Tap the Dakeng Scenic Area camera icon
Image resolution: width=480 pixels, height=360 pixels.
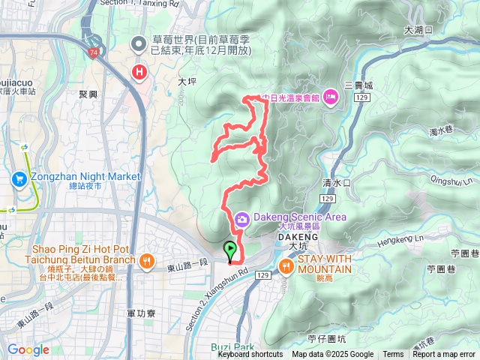click(x=242, y=219)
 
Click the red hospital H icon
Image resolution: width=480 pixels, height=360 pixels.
click(x=139, y=72)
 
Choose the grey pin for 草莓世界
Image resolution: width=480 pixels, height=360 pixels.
click(x=139, y=45)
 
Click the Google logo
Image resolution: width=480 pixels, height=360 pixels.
click(x=28, y=349)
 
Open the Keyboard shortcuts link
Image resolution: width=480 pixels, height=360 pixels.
click(x=250, y=355)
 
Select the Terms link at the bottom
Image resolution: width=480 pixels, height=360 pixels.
click(x=393, y=355)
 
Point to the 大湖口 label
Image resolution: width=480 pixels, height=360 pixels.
click(x=418, y=31)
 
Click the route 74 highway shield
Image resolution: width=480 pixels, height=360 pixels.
click(x=91, y=52)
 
